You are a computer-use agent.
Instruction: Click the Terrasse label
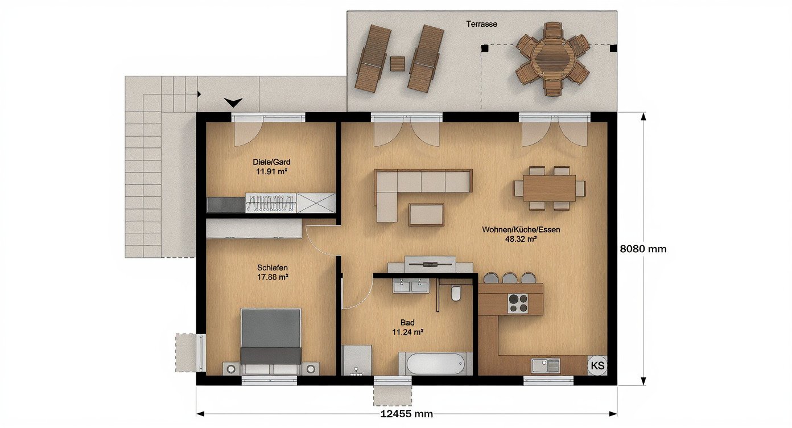point(481,24)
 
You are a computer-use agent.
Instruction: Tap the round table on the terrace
point(552,58)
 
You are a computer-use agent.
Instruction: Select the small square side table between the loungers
point(398,64)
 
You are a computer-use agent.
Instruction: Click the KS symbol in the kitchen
point(597,365)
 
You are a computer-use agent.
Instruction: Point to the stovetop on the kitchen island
point(518,303)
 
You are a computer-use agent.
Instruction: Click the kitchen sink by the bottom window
point(546,365)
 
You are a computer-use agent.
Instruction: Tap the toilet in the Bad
point(456,293)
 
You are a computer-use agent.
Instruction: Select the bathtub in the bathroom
point(436,364)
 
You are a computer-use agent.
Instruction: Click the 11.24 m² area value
point(408,332)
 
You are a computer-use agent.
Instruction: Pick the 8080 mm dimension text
point(643,249)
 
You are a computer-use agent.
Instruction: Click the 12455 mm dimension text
point(407,414)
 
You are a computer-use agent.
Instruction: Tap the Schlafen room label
point(272,267)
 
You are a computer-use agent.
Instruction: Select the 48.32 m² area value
point(521,239)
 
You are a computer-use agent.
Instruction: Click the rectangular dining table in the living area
point(550,188)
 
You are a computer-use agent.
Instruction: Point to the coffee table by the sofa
point(426,215)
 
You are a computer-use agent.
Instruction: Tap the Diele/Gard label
point(271,162)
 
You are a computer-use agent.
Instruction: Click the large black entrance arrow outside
point(233,102)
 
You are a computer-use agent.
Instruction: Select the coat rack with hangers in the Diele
point(271,203)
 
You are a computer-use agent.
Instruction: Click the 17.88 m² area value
point(273,277)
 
